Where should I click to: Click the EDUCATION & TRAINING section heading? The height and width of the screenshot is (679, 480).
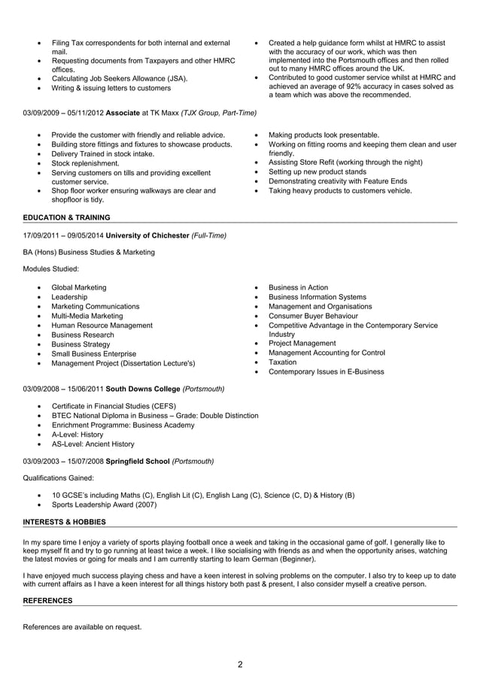pyautogui.click(x=66, y=217)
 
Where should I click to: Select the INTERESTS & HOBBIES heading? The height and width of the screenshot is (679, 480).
pyautogui.click(x=64, y=521)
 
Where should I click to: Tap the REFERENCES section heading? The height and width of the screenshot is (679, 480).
pyautogui.click(x=47, y=600)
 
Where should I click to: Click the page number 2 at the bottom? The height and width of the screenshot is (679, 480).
pyautogui.click(x=240, y=664)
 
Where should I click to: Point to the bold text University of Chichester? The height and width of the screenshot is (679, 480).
pyautogui.click(x=147, y=235)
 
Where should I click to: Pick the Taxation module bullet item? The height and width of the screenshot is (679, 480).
pyautogui.click(x=282, y=362)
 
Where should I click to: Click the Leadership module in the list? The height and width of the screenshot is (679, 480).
pyautogui.click(x=69, y=297)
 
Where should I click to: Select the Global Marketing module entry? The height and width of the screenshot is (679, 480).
pyautogui.click(x=78, y=287)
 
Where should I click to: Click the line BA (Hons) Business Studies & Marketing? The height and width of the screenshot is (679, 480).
pyautogui.click(x=89, y=252)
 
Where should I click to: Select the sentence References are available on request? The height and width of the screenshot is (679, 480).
pyautogui.click(x=82, y=626)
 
